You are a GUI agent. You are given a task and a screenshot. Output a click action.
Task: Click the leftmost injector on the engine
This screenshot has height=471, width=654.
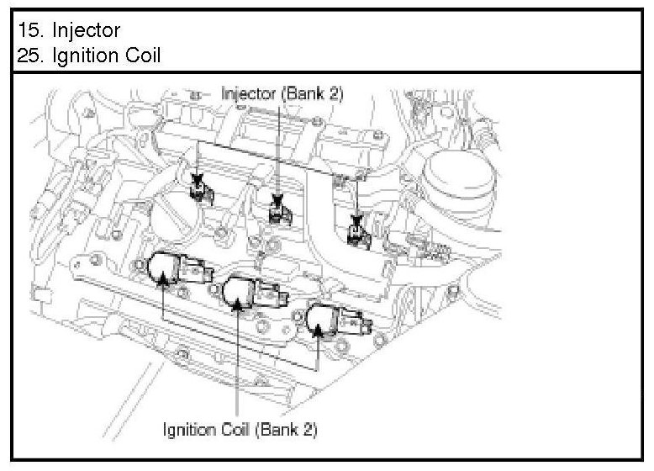click(200, 189)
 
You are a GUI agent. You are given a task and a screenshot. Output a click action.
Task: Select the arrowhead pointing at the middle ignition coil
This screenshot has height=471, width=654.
click(239, 308)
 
